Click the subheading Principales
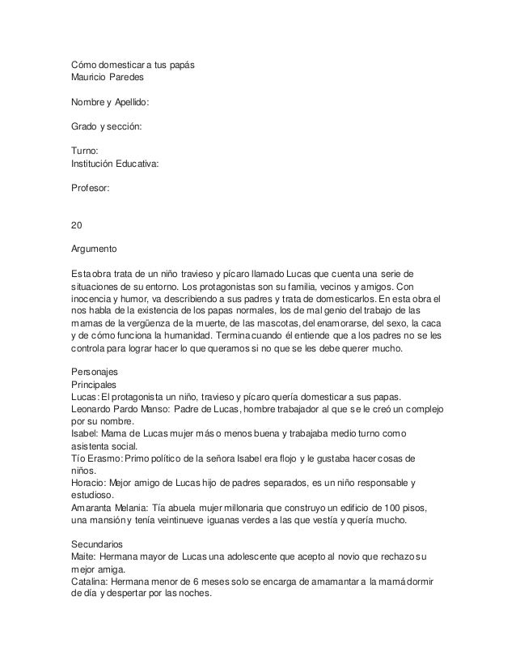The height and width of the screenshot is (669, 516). coord(94,385)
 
